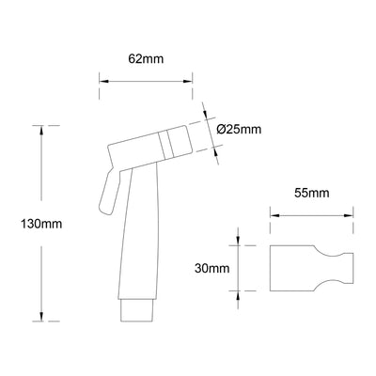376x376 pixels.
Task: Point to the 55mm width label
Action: click(x=311, y=194)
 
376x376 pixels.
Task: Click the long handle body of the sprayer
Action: click(x=138, y=235)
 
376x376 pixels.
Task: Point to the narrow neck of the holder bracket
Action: click(x=336, y=268)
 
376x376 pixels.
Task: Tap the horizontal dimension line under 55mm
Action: click(x=312, y=214)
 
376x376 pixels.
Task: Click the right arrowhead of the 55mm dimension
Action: click(x=352, y=214)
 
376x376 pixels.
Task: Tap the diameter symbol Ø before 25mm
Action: click(x=221, y=129)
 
